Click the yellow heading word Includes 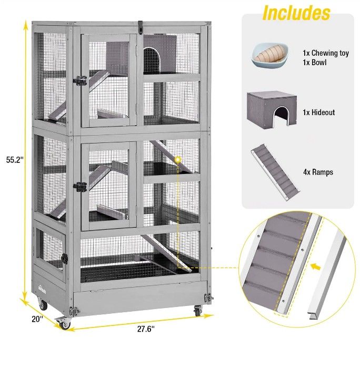pyautogui.click(x=296, y=13)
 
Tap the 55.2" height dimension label pyautogui.click(x=15, y=160)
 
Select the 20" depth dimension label pyautogui.click(x=37, y=319)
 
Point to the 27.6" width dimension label pyautogui.click(x=146, y=329)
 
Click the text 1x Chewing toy pyautogui.click(x=326, y=53)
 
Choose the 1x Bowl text pyautogui.click(x=315, y=63)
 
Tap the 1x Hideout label pyautogui.click(x=318, y=112)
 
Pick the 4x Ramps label pyautogui.click(x=318, y=172)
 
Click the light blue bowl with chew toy pyautogui.click(x=270, y=55)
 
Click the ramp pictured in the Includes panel pyautogui.click(x=275, y=172)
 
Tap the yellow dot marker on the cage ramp pyautogui.click(x=178, y=160)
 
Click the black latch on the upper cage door pyautogui.click(x=80, y=80)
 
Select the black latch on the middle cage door pyautogui.click(x=80, y=187)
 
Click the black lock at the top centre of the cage pyautogui.click(x=140, y=27)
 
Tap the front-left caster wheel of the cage pyautogui.click(x=63, y=323)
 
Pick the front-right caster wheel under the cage pyautogui.click(x=198, y=310)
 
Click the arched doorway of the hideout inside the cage pyautogui.click(x=152, y=60)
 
